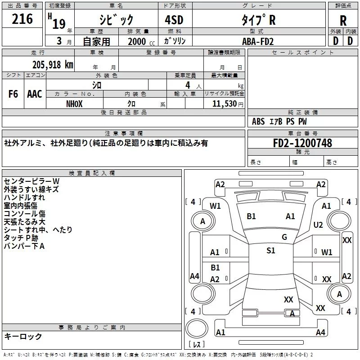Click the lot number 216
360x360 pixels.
[x=22, y=19]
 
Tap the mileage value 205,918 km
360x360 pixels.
[x=53, y=65]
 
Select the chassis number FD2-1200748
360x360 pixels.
[x=302, y=143]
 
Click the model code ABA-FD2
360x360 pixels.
[x=258, y=41]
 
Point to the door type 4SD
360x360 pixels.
[x=174, y=20]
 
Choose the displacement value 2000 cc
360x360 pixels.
[x=141, y=41]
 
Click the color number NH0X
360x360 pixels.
[x=74, y=104]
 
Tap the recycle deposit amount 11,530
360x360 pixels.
[x=224, y=104]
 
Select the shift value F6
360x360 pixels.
[x=13, y=94]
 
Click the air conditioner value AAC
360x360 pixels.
[x=35, y=94]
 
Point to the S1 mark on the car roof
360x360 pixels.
[x=271, y=250]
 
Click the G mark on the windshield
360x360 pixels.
[x=284, y=237]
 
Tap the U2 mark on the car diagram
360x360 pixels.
[x=318, y=225]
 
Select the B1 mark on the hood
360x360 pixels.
[x=251, y=216]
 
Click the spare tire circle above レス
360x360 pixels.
[x=197, y=328]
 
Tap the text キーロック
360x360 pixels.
[x=23, y=336]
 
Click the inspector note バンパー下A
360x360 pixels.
[x=24, y=246]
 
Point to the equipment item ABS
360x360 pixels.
[x=258, y=121]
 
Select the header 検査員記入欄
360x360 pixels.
[x=92, y=173]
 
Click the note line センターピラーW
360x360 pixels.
[x=31, y=181]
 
